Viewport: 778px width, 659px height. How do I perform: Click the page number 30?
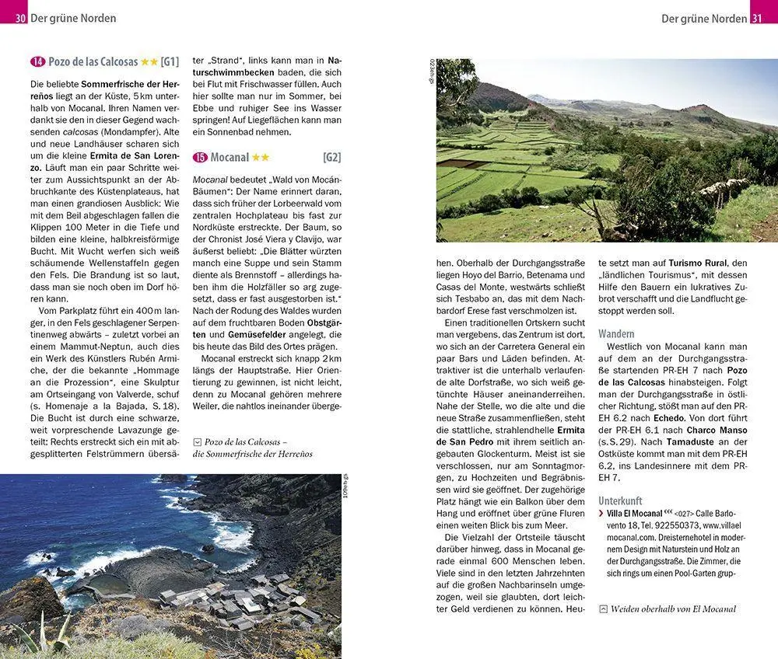pyautogui.click(x=20, y=18)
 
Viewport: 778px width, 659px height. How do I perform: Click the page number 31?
pyautogui.click(x=757, y=18)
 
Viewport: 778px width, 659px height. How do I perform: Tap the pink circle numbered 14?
pyautogui.click(x=37, y=62)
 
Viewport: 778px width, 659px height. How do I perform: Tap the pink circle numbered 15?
pyautogui.click(x=201, y=158)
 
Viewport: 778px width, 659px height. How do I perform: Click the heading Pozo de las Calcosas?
pyautogui.click(x=93, y=62)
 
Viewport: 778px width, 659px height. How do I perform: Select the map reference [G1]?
pyautogui.click(x=170, y=62)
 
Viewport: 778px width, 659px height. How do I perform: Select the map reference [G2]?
pyautogui.click(x=331, y=158)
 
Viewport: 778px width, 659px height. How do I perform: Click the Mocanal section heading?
pyautogui.click(x=230, y=158)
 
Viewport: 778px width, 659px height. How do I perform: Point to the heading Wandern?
pyautogui.click(x=616, y=333)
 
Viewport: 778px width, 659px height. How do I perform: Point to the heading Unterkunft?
pyautogui.click(x=621, y=501)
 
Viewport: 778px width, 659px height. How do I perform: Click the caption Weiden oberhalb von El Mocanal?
pyautogui.click(x=673, y=609)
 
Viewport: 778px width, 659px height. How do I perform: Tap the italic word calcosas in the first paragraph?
pyautogui.click(x=86, y=132)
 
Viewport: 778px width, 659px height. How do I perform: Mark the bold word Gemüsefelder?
pyautogui.click(x=235, y=333)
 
